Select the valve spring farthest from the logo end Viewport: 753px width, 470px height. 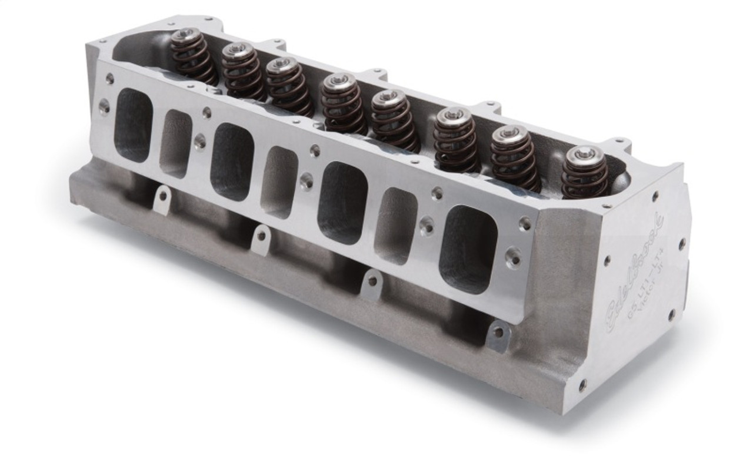point(194,56)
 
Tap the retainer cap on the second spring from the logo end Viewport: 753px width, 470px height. point(509,136)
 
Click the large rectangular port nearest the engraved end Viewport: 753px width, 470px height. point(468,249)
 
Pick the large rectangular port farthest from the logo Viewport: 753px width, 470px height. point(134,125)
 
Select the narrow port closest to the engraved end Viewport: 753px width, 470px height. point(395,225)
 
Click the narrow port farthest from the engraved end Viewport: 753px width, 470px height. point(176,143)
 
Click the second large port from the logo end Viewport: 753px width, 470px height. point(344,203)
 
